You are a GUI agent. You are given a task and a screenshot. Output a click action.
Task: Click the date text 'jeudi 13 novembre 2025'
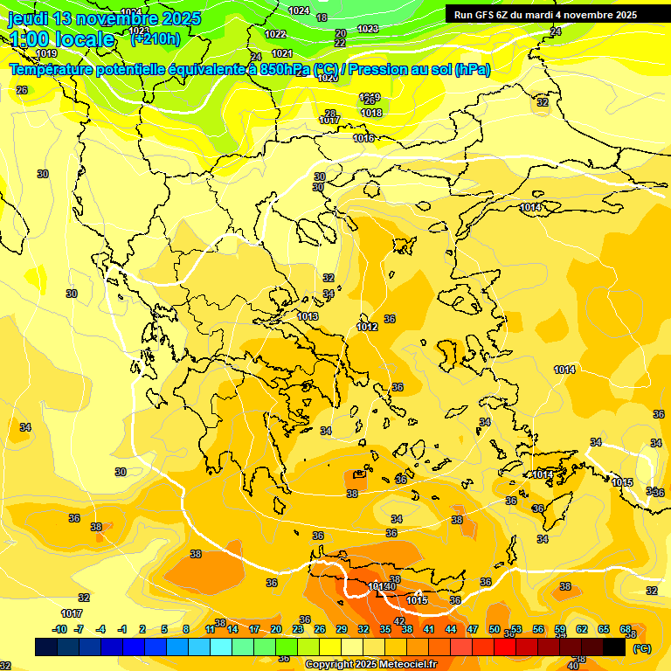click(x=104, y=18)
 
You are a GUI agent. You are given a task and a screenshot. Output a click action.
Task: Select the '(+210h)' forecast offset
click(x=155, y=38)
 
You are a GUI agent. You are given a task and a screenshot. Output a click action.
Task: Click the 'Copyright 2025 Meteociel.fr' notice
click(x=370, y=664)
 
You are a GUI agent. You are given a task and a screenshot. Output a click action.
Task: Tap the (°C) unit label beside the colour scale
click(x=641, y=647)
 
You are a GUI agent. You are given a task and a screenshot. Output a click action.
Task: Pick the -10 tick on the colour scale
click(x=59, y=629)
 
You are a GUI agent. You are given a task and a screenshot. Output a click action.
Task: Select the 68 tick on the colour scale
click(x=626, y=629)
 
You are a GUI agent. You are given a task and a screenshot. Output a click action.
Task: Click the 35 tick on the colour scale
click(x=385, y=629)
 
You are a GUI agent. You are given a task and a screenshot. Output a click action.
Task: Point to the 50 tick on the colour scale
click(x=495, y=629)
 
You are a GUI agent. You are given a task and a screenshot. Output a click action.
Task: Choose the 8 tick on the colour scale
click(x=186, y=629)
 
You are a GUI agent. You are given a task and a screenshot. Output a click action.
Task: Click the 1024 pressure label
click(x=299, y=10)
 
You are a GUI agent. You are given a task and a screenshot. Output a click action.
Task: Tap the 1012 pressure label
click(x=367, y=327)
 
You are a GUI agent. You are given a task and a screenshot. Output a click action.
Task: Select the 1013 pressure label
click(x=308, y=316)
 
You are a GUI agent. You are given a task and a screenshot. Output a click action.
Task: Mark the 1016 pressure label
click(x=363, y=138)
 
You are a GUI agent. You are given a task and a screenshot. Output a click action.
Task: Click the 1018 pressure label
click(x=371, y=113)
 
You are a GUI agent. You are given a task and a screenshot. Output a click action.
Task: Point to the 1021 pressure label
click(x=282, y=53)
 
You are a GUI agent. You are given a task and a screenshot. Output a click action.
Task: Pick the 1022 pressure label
click(x=275, y=34)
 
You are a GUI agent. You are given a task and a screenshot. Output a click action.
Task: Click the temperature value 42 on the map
click(x=399, y=621)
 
